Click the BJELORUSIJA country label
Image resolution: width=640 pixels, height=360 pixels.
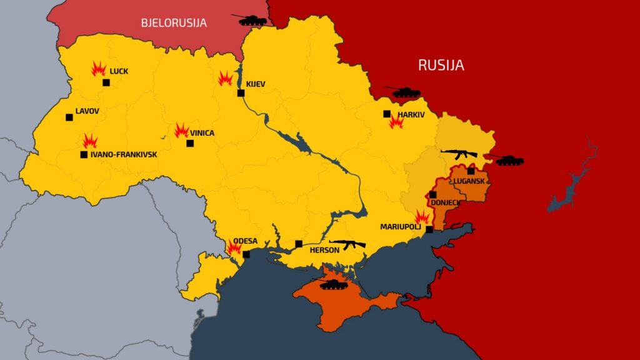pyautogui.click(x=174, y=23)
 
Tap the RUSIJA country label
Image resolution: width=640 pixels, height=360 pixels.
pyautogui.click(x=441, y=65)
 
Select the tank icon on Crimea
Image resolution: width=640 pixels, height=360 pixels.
pyautogui.click(x=333, y=284)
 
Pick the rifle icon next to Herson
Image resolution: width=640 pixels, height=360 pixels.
pyautogui.click(x=347, y=244)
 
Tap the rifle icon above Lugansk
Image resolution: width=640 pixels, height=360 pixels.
pyautogui.click(x=459, y=152)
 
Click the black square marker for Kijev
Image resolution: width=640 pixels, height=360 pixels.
pyautogui.click(x=241, y=93)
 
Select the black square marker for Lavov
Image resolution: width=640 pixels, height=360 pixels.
pyautogui.click(x=69, y=117)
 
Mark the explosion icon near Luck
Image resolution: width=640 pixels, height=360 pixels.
pyautogui.click(x=99, y=68)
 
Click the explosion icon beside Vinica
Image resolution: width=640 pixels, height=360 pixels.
pyautogui.click(x=182, y=130)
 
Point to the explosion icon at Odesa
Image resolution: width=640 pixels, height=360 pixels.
pyautogui.click(x=234, y=248)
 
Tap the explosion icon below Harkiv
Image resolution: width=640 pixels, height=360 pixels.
pyautogui.click(x=396, y=122)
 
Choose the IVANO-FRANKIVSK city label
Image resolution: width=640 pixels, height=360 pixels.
pyautogui.click(x=124, y=154)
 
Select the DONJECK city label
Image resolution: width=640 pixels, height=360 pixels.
pyautogui.click(x=446, y=203)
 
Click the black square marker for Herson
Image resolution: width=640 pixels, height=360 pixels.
pyautogui.click(x=299, y=244)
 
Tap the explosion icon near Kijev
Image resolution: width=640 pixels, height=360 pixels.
pyautogui.click(x=225, y=79)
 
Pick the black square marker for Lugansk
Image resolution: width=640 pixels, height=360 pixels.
pyautogui.click(x=471, y=171)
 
